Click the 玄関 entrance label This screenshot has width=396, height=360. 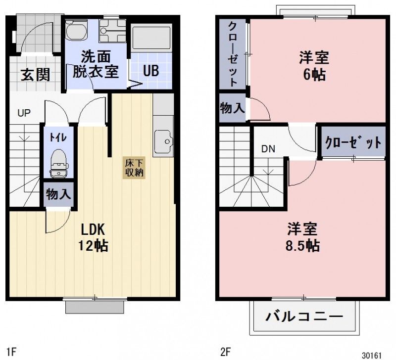click(x=35, y=75)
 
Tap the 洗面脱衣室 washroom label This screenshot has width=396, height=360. click(x=96, y=64)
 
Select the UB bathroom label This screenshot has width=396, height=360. click(x=151, y=71)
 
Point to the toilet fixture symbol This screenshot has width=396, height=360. click(x=58, y=162)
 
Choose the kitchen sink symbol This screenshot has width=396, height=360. click(x=163, y=142)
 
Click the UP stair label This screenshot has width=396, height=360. click(x=24, y=113)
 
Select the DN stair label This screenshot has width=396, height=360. click(x=268, y=148)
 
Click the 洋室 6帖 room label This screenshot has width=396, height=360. click(x=314, y=66)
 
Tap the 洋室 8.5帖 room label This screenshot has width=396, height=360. click(x=303, y=237)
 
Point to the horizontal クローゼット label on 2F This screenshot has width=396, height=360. click(x=353, y=143)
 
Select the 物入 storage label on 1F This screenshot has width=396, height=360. click(x=58, y=194)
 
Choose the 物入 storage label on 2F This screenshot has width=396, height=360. click(x=233, y=109)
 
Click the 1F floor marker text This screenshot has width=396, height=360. click(x=11, y=352)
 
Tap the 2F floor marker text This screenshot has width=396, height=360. click(x=226, y=352)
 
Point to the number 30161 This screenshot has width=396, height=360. click(x=372, y=355)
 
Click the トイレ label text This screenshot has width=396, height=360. click(x=54, y=137)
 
